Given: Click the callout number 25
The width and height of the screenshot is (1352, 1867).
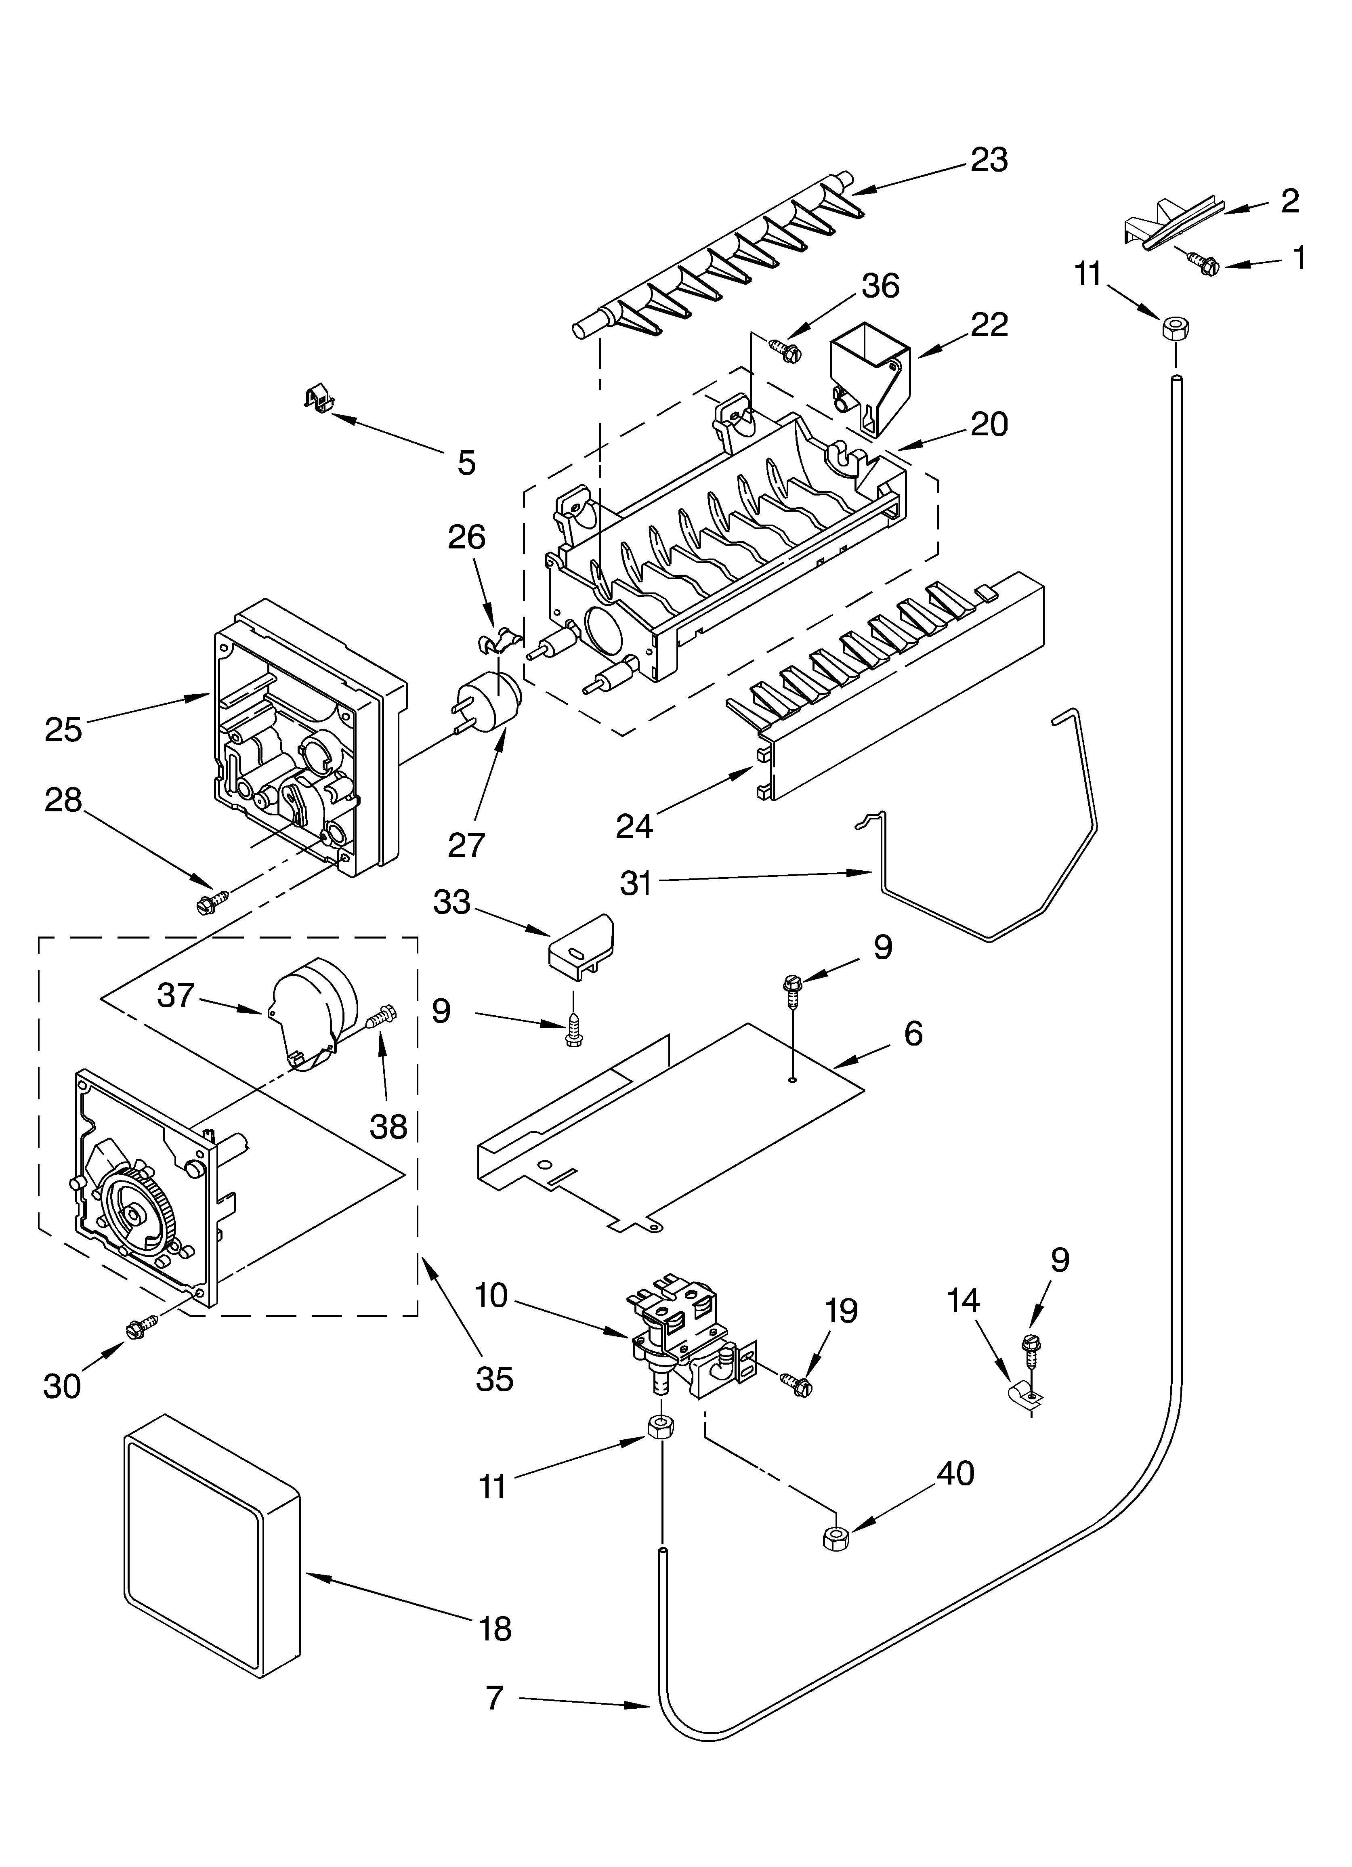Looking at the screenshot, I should point(63,729).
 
